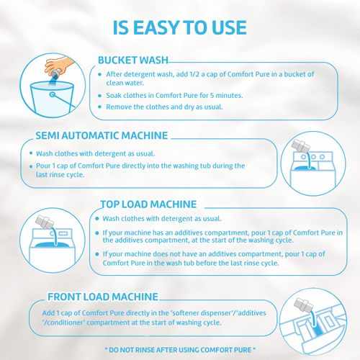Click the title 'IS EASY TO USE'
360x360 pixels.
pyautogui.click(x=180, y=27)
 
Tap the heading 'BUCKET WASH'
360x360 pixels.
pyautogui.click(x=133, y=60)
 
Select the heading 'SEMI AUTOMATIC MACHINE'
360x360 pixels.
pyautogui.click(x=102, y=135)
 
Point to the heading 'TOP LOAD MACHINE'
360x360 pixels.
pyautogui.click(x=148, y=204)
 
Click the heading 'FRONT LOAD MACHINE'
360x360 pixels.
pyautogui.click(x=103, y=297)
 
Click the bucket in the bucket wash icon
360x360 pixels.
pyautogui.click(x=53, y=98)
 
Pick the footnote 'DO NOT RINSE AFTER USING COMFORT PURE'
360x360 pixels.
pyautogui.click(x=180, y=350)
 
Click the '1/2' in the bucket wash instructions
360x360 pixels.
pyautogui.click(x=194, y=74)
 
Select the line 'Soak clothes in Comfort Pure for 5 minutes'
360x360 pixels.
pyautogui.click(x=174, y=95)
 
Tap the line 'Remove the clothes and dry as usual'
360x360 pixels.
pyautogui.click(x=164, y=107)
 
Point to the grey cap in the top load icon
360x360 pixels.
pyautogui.click(x=44, y=222)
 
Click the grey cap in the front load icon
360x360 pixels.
pyautogui.click(x=304, y=305)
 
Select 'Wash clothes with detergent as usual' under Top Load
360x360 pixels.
pyautogui.click(x=162, y=218)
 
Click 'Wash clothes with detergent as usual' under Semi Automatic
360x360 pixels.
pyautogui.click(x=95, y=153)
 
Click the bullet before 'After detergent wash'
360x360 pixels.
pyautogui.click(x=100, y=74)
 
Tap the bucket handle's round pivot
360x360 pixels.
pyautogui.click(x=53, y=94)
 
